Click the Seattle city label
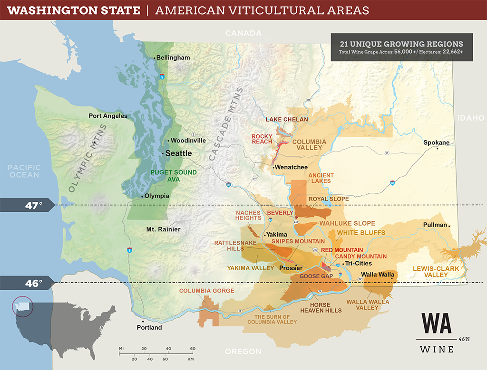[178, 153]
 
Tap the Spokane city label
[436, 142]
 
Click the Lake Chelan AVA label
[287, 119]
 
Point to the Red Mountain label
[341, 250]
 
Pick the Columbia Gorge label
[206, 291]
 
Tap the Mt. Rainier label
[163, 229]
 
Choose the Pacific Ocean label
[24, 171]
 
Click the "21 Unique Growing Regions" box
[402, 47]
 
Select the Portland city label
[149, 328]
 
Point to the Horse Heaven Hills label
[321, 307]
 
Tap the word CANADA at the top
[243, 33]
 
